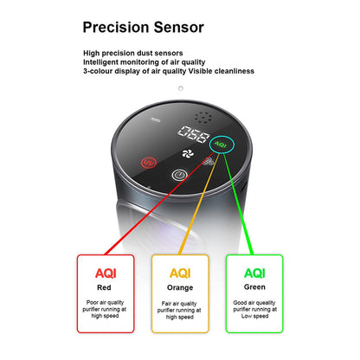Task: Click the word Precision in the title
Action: tap(116, 27)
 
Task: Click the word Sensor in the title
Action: tap(179, 27)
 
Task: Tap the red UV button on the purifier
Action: tap(149, 163)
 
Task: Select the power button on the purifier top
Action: tap(179, 175)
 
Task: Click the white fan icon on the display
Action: tap(188, 153)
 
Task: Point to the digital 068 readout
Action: tap(194, 134)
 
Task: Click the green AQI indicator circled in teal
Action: tap(221, 145)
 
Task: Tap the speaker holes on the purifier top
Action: tap(203, 118)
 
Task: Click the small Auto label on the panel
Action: tap(156, 119)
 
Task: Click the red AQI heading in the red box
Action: tap(106, 273)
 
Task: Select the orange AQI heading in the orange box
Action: tap(180, 273)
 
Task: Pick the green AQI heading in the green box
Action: tap(254, 273)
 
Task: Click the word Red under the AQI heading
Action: tap(104, 287)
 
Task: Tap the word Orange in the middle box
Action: tap(180, 288)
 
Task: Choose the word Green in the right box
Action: tap(254, 287)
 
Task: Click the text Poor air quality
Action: tap(105, 303)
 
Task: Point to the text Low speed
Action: tap(254, 316)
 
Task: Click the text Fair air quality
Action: tap(179, 304)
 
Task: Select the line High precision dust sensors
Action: tap(133, 53)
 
